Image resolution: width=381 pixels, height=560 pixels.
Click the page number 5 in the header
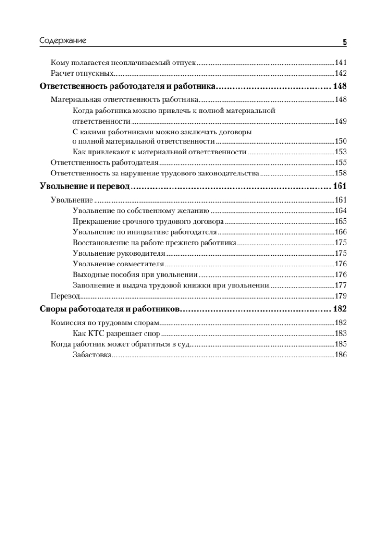tap(345, 42)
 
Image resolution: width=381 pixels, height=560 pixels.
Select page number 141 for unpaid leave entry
tap(341, 62)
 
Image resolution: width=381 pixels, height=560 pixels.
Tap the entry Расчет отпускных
tap(82, 73)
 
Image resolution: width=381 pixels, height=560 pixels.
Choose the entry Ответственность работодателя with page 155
tap(105, 163)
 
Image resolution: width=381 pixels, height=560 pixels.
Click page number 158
tap(341, 174)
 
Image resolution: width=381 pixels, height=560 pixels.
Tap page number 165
tap(341, 221)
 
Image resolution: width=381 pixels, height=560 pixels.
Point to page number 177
tap(341, 285)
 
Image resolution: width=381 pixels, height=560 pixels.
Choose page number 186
tap(341, 355)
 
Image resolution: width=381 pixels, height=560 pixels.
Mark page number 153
tap(341, 152)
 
